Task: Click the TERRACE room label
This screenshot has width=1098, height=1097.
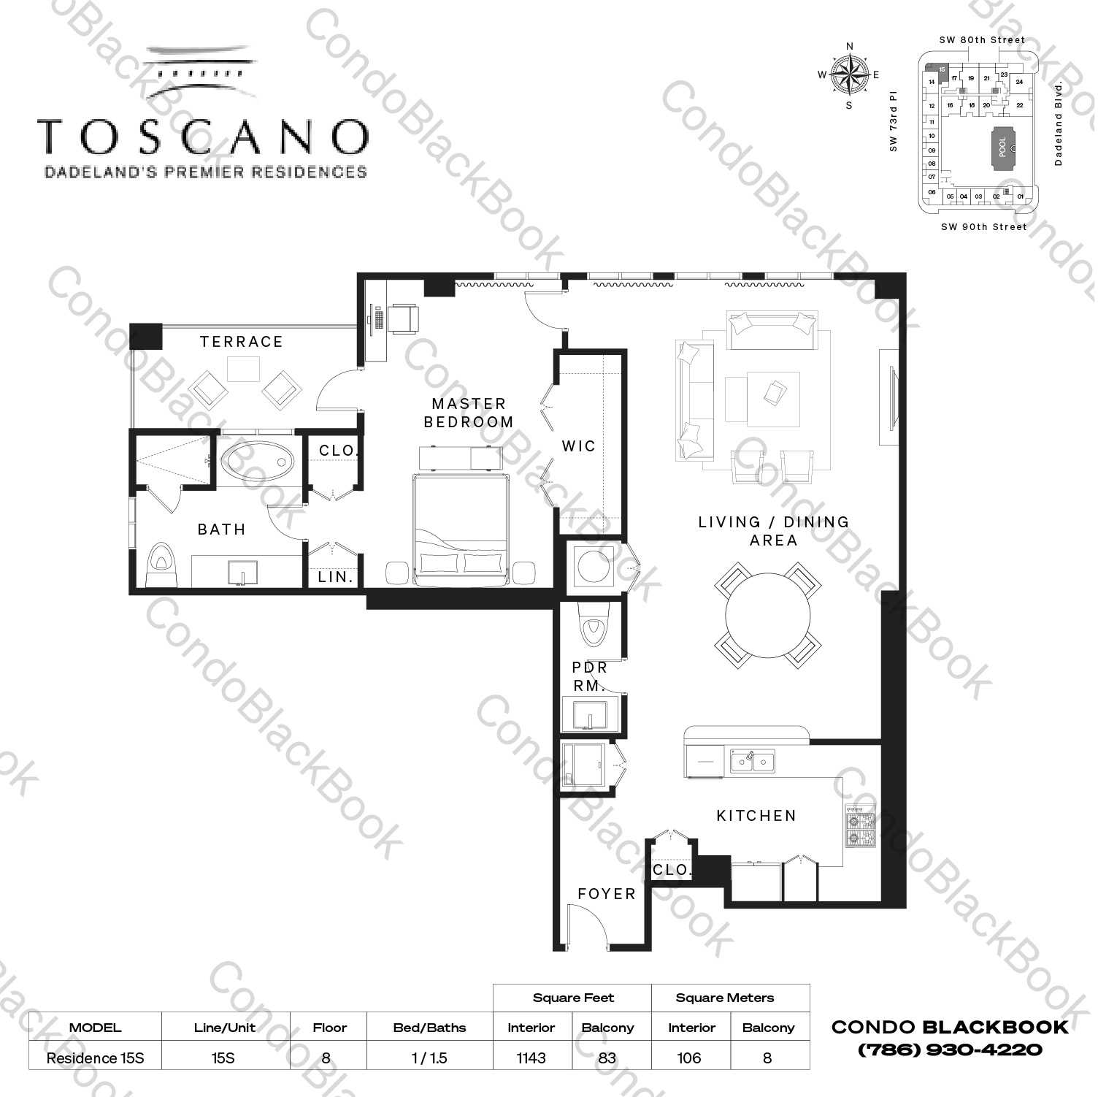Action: pos(241,342)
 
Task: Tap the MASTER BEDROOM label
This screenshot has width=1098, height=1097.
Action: pos(469,413)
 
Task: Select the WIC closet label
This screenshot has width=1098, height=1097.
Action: pos(579,446)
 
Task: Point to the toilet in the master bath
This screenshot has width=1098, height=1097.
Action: pos(161,565)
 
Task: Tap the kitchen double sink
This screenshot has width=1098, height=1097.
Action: pos(753,762)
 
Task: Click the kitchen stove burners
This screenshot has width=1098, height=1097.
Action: pos(859,826)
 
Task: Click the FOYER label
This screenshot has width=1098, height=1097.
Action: pos(606,894)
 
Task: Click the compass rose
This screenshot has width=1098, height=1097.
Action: pos(849,74)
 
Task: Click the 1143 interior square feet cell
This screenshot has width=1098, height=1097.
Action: pos(531,1058)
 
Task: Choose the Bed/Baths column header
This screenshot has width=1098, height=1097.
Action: pos(429,1028)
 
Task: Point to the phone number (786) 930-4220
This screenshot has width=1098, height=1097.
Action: pos(950,1050)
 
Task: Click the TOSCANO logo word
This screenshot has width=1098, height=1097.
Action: pos(203,137)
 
